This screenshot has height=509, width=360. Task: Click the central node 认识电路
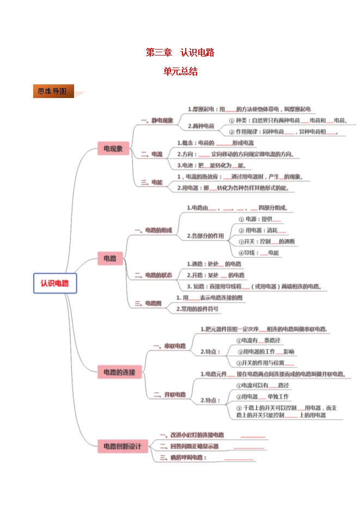click(x=55, y=283)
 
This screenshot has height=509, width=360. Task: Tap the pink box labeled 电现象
click(x=113, y=148)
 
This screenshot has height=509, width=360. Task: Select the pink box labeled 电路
click(x=110, y=259)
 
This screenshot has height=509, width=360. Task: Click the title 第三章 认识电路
click(x=180, y=53)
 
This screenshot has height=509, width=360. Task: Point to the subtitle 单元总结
click(x=180, y=71)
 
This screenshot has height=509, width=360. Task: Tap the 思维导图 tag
click(x=52, y=91)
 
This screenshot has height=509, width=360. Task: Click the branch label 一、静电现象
click(x=157, y=120)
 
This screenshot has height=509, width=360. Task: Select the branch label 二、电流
click(x=152, y=154)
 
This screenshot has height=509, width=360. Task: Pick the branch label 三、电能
click(x=152, y=182)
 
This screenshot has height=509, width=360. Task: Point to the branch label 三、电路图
click(x=149, y=303)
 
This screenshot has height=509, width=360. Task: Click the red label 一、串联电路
click(x=170, y=346)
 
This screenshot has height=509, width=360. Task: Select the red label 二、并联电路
click(x=170, y=394)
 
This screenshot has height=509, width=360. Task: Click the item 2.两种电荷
click(x=201, y=126)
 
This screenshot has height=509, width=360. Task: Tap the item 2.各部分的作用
click(x=205, y=236)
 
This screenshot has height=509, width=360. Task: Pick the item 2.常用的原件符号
click(x=198, y=309)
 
